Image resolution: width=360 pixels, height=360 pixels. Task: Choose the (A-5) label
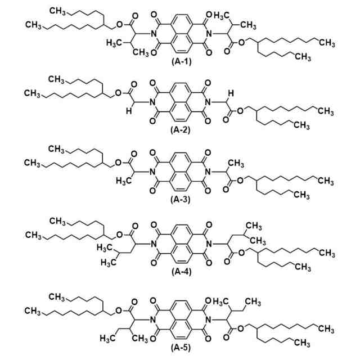[x=181, y=345]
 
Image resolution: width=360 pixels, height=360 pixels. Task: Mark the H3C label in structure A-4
[x=107, y=247]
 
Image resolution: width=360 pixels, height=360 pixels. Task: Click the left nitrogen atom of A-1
[x=152, y=33]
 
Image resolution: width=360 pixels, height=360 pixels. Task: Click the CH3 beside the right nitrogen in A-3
[x=236, y=164]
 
